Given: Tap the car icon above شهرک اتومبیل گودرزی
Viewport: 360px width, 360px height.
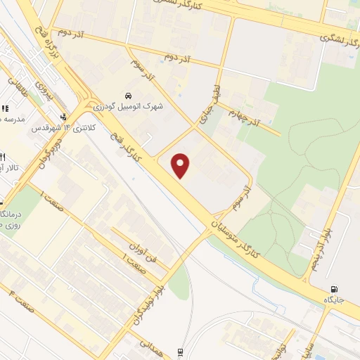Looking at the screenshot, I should pyautogui.click(x=127, y=95).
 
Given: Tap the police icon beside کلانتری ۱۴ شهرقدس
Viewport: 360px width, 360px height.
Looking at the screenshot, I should pyautogui.click(x=65, y=117).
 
